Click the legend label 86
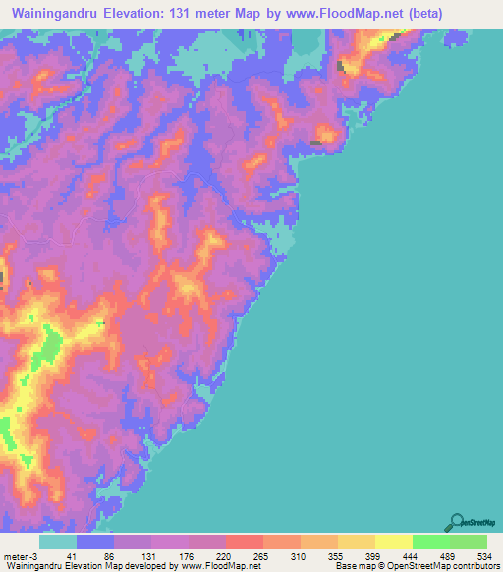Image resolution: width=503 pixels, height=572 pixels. click(95, 555)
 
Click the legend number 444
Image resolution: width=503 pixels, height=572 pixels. click(393, 555)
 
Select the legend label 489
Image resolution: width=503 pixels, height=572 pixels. click(430, 555)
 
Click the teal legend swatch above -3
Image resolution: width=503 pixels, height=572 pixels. click(58, 542)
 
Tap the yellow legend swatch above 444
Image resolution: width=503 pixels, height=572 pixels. click(393, 542)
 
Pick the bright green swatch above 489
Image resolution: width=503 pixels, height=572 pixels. click(430, 542)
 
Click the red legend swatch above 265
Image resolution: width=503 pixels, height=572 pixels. click(244, 542)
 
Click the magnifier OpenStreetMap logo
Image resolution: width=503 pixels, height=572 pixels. click(456, 523)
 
